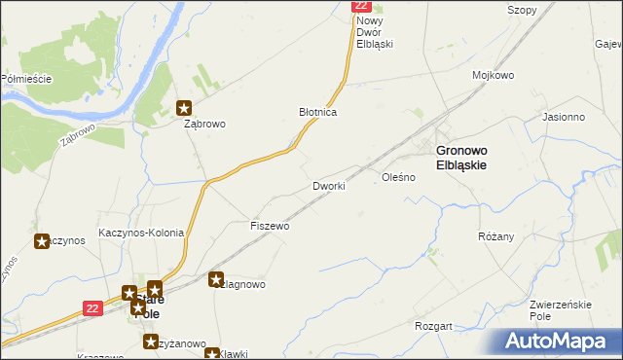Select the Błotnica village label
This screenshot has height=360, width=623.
[x=317, y=113]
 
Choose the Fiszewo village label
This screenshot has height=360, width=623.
[x=270, y=226]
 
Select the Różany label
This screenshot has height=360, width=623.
[x=496, y=236]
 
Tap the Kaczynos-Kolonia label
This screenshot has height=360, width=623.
[x=141, y=233]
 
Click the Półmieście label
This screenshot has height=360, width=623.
[x=26, y=79]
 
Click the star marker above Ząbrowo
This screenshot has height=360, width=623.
[x=184, y=108]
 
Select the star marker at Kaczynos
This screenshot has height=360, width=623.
[x=42, y=240]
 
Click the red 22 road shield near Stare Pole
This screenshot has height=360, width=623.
[x=92, y=307]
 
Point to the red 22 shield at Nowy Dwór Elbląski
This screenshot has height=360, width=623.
[x=360, y=6]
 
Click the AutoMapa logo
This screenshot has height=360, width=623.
[x=558, y=341]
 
